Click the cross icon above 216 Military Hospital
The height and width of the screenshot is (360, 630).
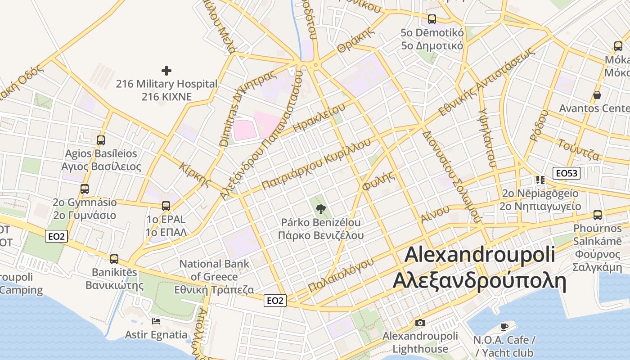[166, 71]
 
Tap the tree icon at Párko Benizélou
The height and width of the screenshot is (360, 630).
[320, 208]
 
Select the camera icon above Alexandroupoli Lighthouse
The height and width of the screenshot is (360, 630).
[420, 323]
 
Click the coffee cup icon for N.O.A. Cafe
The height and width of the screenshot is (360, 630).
[504, 326]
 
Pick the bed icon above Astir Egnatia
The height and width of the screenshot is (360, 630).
[156, 321]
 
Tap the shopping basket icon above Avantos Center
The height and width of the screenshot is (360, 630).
[597, 95]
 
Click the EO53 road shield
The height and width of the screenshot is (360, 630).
[567, 173]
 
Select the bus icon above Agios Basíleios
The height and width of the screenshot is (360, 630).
[101, 140]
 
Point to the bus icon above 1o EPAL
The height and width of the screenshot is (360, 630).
[166, 206]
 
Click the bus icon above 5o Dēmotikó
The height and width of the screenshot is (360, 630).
[432, 19]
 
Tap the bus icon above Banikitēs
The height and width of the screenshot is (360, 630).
[114, 259]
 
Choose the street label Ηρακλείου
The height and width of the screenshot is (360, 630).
[319, 117]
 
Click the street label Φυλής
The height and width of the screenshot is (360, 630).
[379, 181]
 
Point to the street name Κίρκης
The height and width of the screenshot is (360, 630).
[195, 175]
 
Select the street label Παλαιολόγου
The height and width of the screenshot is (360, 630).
[341, 275]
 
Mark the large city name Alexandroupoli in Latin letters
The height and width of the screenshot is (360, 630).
[480, 255]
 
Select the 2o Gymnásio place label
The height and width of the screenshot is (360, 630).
[85, 202]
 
